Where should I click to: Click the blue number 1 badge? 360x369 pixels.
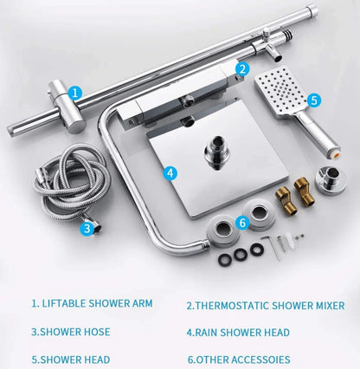pos(75,93)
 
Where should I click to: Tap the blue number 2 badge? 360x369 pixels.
pos(242,69)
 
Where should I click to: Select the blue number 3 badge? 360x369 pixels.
pos(87,229)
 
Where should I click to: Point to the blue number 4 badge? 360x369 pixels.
pos(170,173)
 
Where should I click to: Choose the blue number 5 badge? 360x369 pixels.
pos(314,100)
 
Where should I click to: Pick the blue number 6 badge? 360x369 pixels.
pos(242,223)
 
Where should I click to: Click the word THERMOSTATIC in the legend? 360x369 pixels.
pos(233,306)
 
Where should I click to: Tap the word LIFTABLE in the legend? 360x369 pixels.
pos(64,303)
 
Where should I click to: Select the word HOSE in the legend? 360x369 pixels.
pos(96,332)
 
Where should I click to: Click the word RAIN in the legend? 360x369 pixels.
pos(206,333)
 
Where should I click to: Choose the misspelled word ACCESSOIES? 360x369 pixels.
pos(260,359)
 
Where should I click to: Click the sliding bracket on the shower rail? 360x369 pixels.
pos(67,107)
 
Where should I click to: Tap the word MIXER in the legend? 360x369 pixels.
pos(329,306)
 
